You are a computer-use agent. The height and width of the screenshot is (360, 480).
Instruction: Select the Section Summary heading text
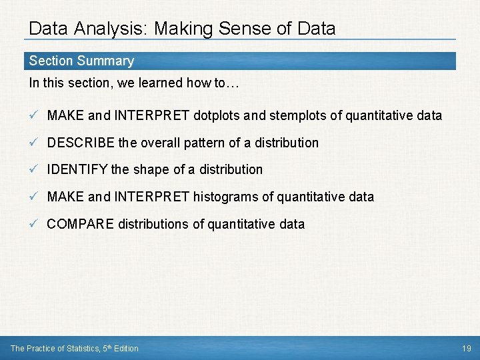coord(81,61)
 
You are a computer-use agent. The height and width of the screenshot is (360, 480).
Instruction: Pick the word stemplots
coord(298,115)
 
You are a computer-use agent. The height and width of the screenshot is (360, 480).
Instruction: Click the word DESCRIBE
coord(82,143)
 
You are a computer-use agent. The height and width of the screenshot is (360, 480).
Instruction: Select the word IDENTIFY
coord(77,170)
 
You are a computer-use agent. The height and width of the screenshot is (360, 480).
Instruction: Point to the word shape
coord(151,170)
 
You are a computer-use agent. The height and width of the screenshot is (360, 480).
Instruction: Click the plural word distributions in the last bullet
coord(153,224)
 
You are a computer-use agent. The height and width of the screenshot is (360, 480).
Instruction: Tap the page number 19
coord(466,348)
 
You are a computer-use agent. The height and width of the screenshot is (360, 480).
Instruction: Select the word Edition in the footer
coord(125,348)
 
